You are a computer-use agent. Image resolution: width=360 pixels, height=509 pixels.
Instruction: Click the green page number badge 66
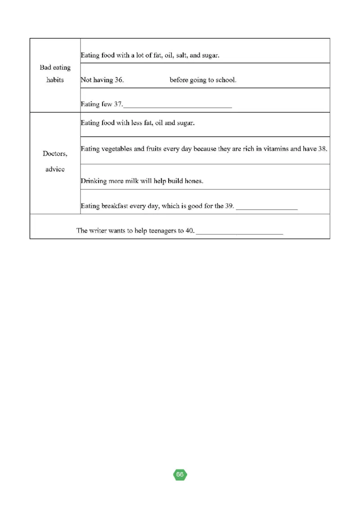(180, 475)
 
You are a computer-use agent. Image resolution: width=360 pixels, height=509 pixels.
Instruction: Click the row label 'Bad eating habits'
(55, 74)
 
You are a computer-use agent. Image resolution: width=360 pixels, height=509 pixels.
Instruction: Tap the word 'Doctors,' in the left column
(55, 153)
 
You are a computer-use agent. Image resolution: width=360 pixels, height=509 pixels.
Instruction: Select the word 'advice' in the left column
(55, 169)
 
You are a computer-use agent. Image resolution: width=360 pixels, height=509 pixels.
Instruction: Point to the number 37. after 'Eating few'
(118, 104)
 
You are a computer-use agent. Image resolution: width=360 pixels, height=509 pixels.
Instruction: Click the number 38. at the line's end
(322, 149)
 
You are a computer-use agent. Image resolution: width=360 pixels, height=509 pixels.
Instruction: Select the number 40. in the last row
(190, 230)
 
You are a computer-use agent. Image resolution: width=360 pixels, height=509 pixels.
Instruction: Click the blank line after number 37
(178, 106)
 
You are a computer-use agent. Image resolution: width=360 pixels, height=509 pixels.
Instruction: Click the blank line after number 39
(267, 208)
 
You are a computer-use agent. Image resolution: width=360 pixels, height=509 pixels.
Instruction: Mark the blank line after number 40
(239, 233)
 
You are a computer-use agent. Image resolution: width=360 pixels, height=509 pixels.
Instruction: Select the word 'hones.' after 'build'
(194, 181)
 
